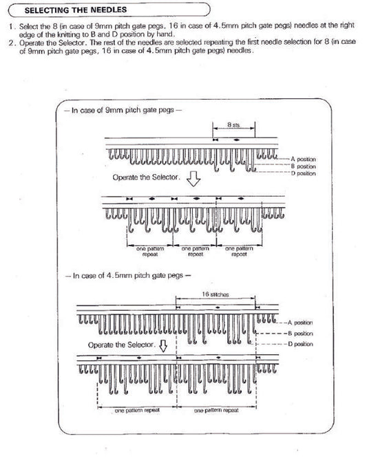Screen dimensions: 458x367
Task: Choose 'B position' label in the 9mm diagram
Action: coord(304,166)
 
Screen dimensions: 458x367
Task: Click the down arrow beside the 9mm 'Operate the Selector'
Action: coord(193,180)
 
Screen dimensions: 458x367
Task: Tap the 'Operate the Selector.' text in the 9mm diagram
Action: coord(146,177)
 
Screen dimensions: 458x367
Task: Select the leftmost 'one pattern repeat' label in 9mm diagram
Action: coord(150,251)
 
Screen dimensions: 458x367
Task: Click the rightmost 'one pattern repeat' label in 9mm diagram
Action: coord(240,251)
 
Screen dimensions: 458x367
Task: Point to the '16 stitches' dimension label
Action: coord(215,294)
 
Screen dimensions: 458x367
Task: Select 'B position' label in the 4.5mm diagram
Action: coord(300,333)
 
